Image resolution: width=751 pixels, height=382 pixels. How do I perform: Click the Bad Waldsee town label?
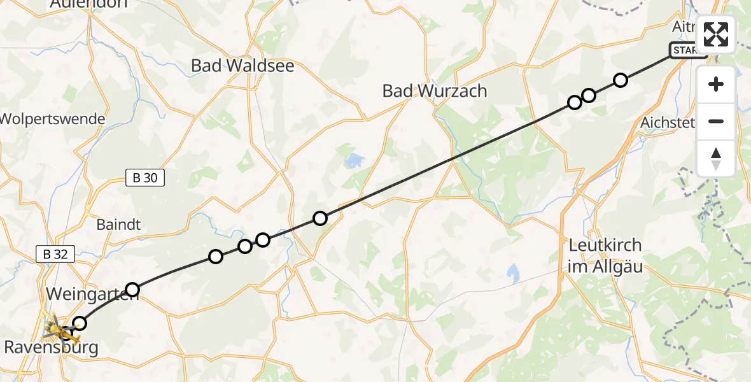[242, 66]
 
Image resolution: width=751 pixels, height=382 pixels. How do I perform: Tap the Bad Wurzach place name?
[435, 91]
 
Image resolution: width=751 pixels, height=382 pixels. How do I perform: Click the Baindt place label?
[118, 225]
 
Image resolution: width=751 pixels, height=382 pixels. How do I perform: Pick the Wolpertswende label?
[52, 119]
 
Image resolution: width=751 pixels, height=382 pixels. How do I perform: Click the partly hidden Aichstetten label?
[668, 122]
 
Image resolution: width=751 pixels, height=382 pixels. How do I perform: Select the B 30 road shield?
[144, 178]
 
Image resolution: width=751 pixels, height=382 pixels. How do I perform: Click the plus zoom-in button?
[716, 85]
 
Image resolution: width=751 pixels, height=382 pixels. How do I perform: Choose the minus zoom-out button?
[716, 122]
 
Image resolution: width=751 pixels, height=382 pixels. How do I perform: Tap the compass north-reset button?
[716, 159]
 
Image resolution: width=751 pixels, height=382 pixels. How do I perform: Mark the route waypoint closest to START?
[621, 80]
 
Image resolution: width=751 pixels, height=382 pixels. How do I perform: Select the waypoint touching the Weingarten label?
[132, 290]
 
